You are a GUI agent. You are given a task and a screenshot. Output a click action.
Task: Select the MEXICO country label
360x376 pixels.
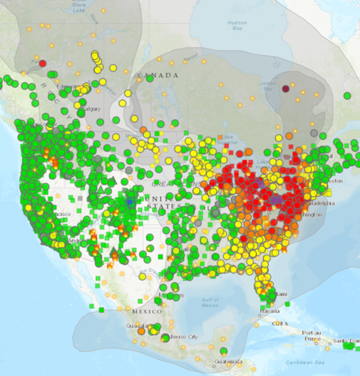tap(147, 310)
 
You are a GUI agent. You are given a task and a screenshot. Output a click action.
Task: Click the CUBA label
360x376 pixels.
tap(279, 322)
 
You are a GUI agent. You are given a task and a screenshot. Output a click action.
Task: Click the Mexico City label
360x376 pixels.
tap(183, 337)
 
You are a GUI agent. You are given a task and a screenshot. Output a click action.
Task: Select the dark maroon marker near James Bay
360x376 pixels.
tap(286, 88)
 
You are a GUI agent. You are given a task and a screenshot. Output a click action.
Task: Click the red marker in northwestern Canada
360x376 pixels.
tap(43, 63)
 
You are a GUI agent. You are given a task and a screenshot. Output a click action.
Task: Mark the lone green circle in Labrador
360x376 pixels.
tap(347, 95)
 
